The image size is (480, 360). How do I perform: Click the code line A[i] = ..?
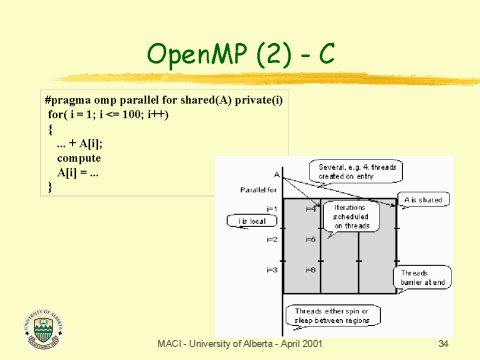(77, 172)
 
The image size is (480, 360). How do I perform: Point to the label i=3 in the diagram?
(272, 270)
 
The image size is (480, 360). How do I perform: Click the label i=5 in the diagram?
(311, 240)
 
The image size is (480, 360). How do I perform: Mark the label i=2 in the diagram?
(272, 240)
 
